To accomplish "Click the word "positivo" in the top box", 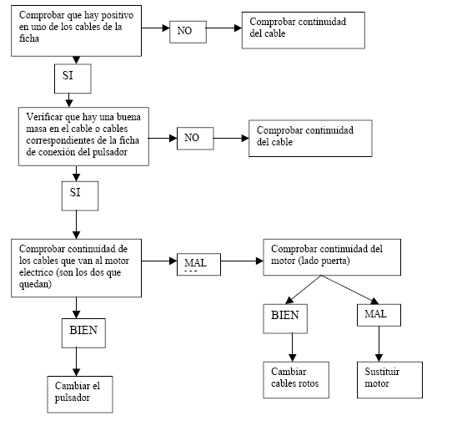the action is click(x=117, y=16).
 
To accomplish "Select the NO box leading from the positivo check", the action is click(x=188, y=32).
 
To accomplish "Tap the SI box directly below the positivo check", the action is click(x=73, y=79).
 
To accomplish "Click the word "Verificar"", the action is click(x=44, y=117).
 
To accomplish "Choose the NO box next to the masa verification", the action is click(x=195, y=139).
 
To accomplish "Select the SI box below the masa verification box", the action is click(x=80, y=195).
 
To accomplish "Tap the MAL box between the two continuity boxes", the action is click(x=199, y=264).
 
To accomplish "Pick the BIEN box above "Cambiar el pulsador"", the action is click(x=83, y=333).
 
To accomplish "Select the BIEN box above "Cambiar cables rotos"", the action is click(x=285, y=318).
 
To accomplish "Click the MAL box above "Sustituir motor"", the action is click(x=379, y=315).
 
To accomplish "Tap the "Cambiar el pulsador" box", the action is click(x=80, y=394).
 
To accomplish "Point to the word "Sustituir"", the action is click(x=382, y=372).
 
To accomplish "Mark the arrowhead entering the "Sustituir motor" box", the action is click(x=379, y=358).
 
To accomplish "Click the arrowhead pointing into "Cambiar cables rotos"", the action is click(x=293, y=358).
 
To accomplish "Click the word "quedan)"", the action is click(x=35, y=285).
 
